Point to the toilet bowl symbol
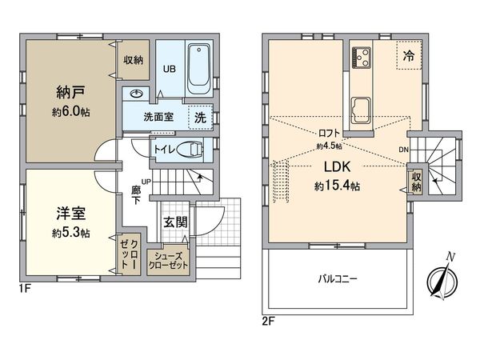[x=189, y=149]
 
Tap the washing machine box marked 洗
[x=200, y=116]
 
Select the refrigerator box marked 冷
[x=408, y=58]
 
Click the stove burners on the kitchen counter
[x=361, y=58]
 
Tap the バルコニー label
[x=338, y=280]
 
